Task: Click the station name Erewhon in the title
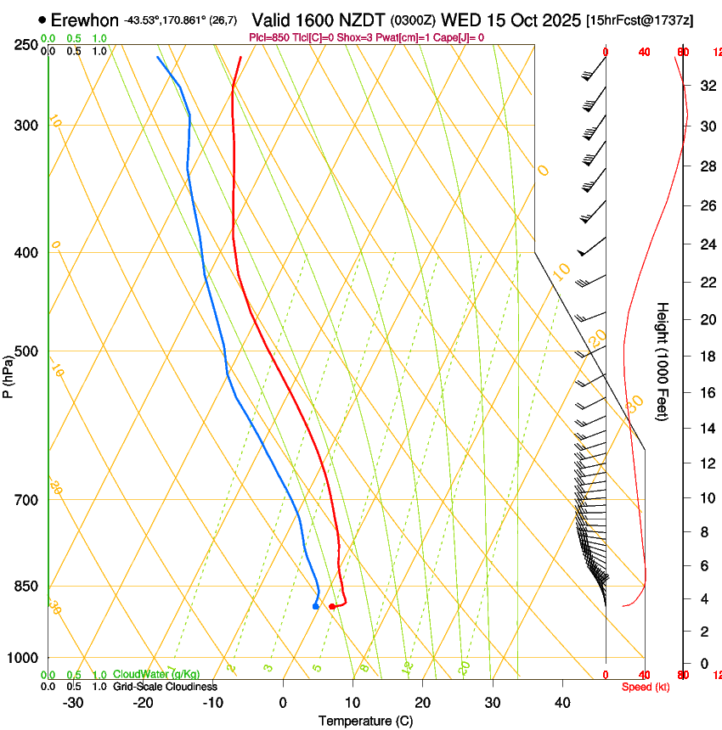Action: tap(85, 20)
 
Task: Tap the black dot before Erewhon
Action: tap(42, 20)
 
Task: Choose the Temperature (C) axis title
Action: tap(365, 721)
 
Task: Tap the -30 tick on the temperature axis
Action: tap(72, 702)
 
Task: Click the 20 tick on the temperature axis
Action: tap(422, 702)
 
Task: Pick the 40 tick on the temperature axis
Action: tap(561, 702)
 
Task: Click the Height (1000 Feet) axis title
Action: tap(663, 361)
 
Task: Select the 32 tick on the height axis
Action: tap(707, 85)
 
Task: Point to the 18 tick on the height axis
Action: tap(707, 356)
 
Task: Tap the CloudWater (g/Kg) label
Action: tap(156, 675)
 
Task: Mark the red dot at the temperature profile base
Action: tap(332, 606)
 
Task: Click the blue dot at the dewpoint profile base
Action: tap(315, 606)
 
